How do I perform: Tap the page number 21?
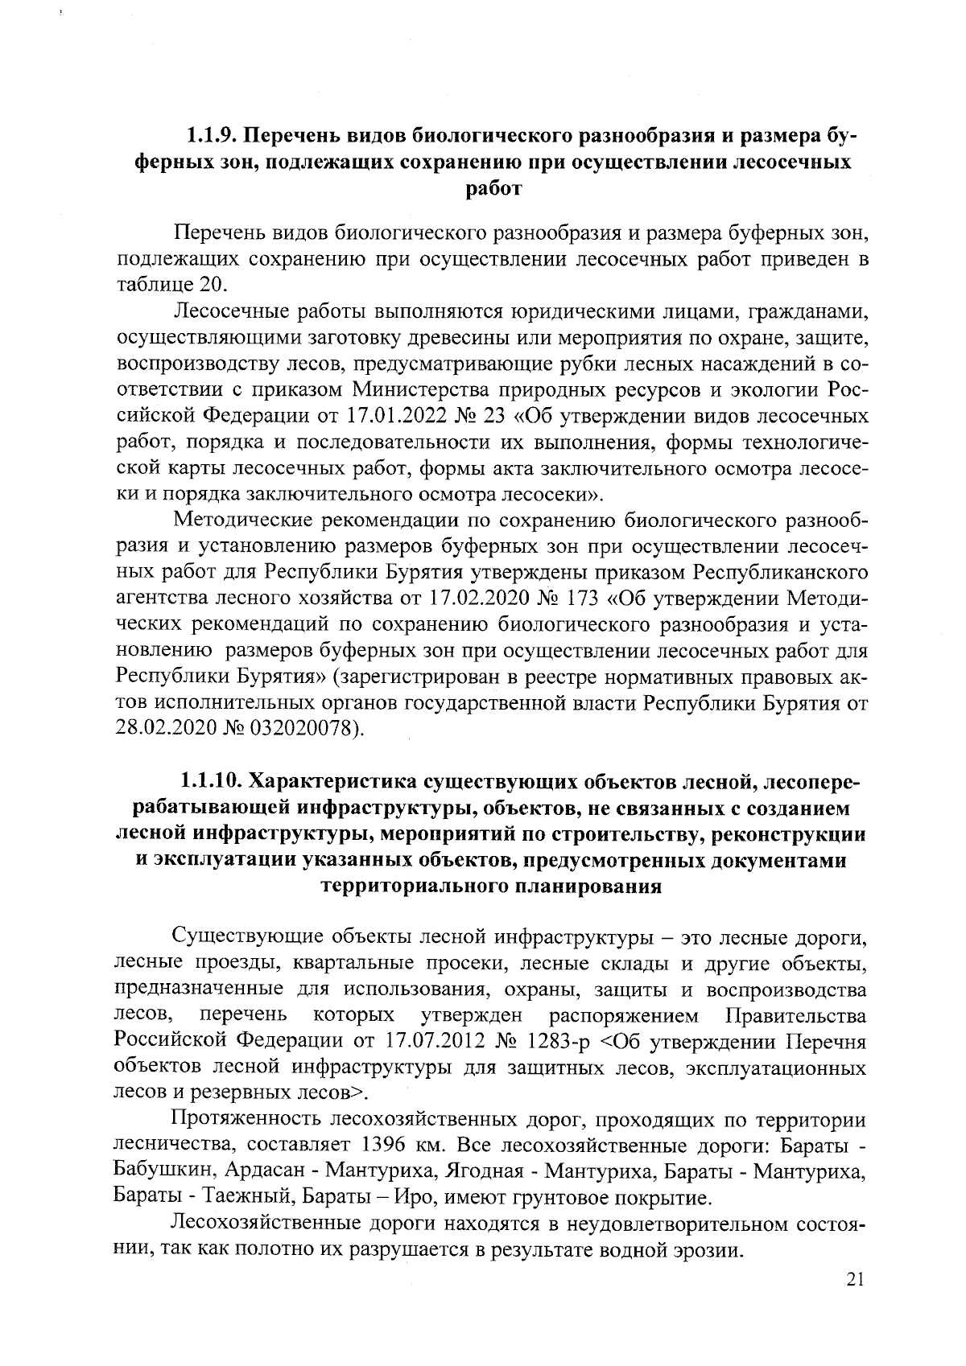[855, 1279]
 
